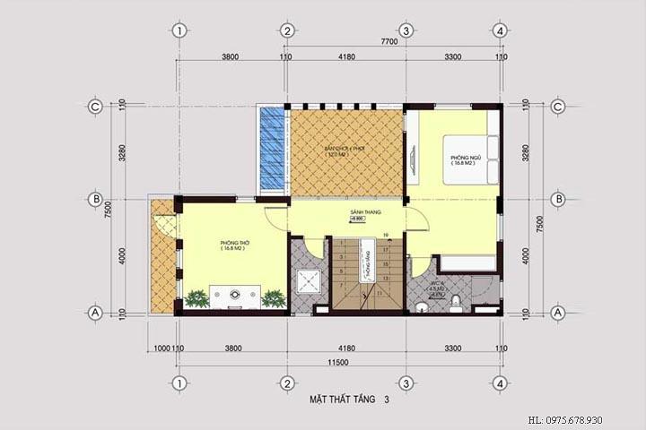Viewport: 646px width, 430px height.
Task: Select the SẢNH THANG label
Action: tap(366, 212)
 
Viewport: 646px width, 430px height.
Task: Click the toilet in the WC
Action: tap(456, 303)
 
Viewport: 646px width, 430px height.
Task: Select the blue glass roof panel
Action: tap(271, 148)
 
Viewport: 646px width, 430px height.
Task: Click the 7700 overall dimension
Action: tap(388, 41)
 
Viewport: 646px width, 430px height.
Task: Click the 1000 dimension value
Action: tap(161, 348)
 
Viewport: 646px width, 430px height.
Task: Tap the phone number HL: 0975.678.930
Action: tap(577, 419)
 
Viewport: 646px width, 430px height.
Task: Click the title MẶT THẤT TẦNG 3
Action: tap(350, 400)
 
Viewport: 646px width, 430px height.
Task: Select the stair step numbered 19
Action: tap(385, 236)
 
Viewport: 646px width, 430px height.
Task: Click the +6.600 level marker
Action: tap(358, 219)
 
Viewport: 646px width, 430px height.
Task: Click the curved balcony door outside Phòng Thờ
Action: tap(165, 224)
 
